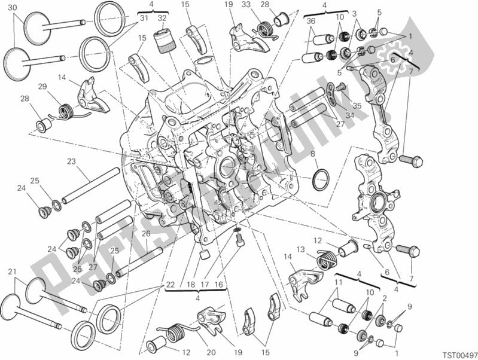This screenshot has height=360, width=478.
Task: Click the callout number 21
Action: coord(11,273)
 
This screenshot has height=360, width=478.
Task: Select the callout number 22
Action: coord(171,283)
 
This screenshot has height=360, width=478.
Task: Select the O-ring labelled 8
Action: coord(321,178)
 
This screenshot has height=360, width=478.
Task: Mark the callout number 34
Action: coord(350,115)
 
